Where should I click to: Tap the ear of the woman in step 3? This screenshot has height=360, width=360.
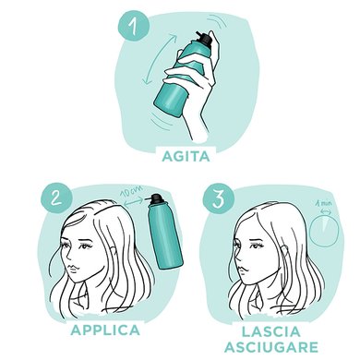pyautogui.click(x=276, y=246)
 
